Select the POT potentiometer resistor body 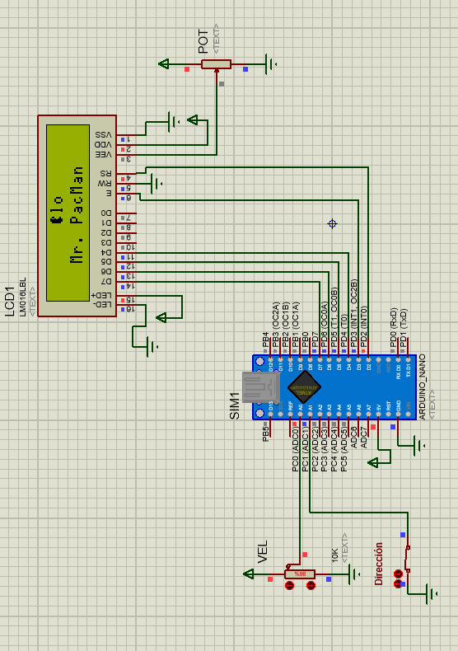coord(217,64)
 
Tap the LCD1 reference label coord(10,299)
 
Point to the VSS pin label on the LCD coord(105,134)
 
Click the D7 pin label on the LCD coord(106,282)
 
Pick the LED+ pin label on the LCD coord(102,295)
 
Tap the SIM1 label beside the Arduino coord(235,405)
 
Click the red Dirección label coord(379,563)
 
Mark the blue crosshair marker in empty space coord(333,223)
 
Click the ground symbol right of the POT coord(270,63)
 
